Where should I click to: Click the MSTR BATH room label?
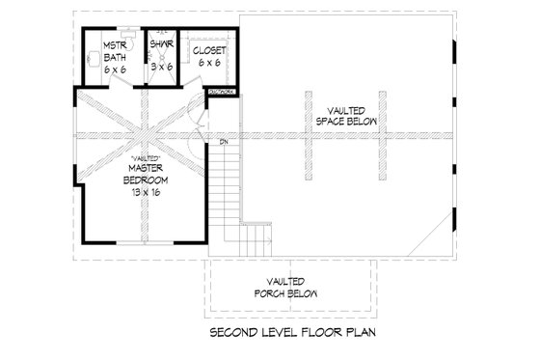tap(115, 54)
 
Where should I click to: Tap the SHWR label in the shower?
tap(160, 43)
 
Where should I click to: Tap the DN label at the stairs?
tap(223, 143)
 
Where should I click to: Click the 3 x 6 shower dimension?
tap(160, 67)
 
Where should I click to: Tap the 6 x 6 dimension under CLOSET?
tap(209, 62)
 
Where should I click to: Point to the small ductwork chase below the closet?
tap(220, 92)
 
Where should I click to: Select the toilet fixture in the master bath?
tap(112, 35)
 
